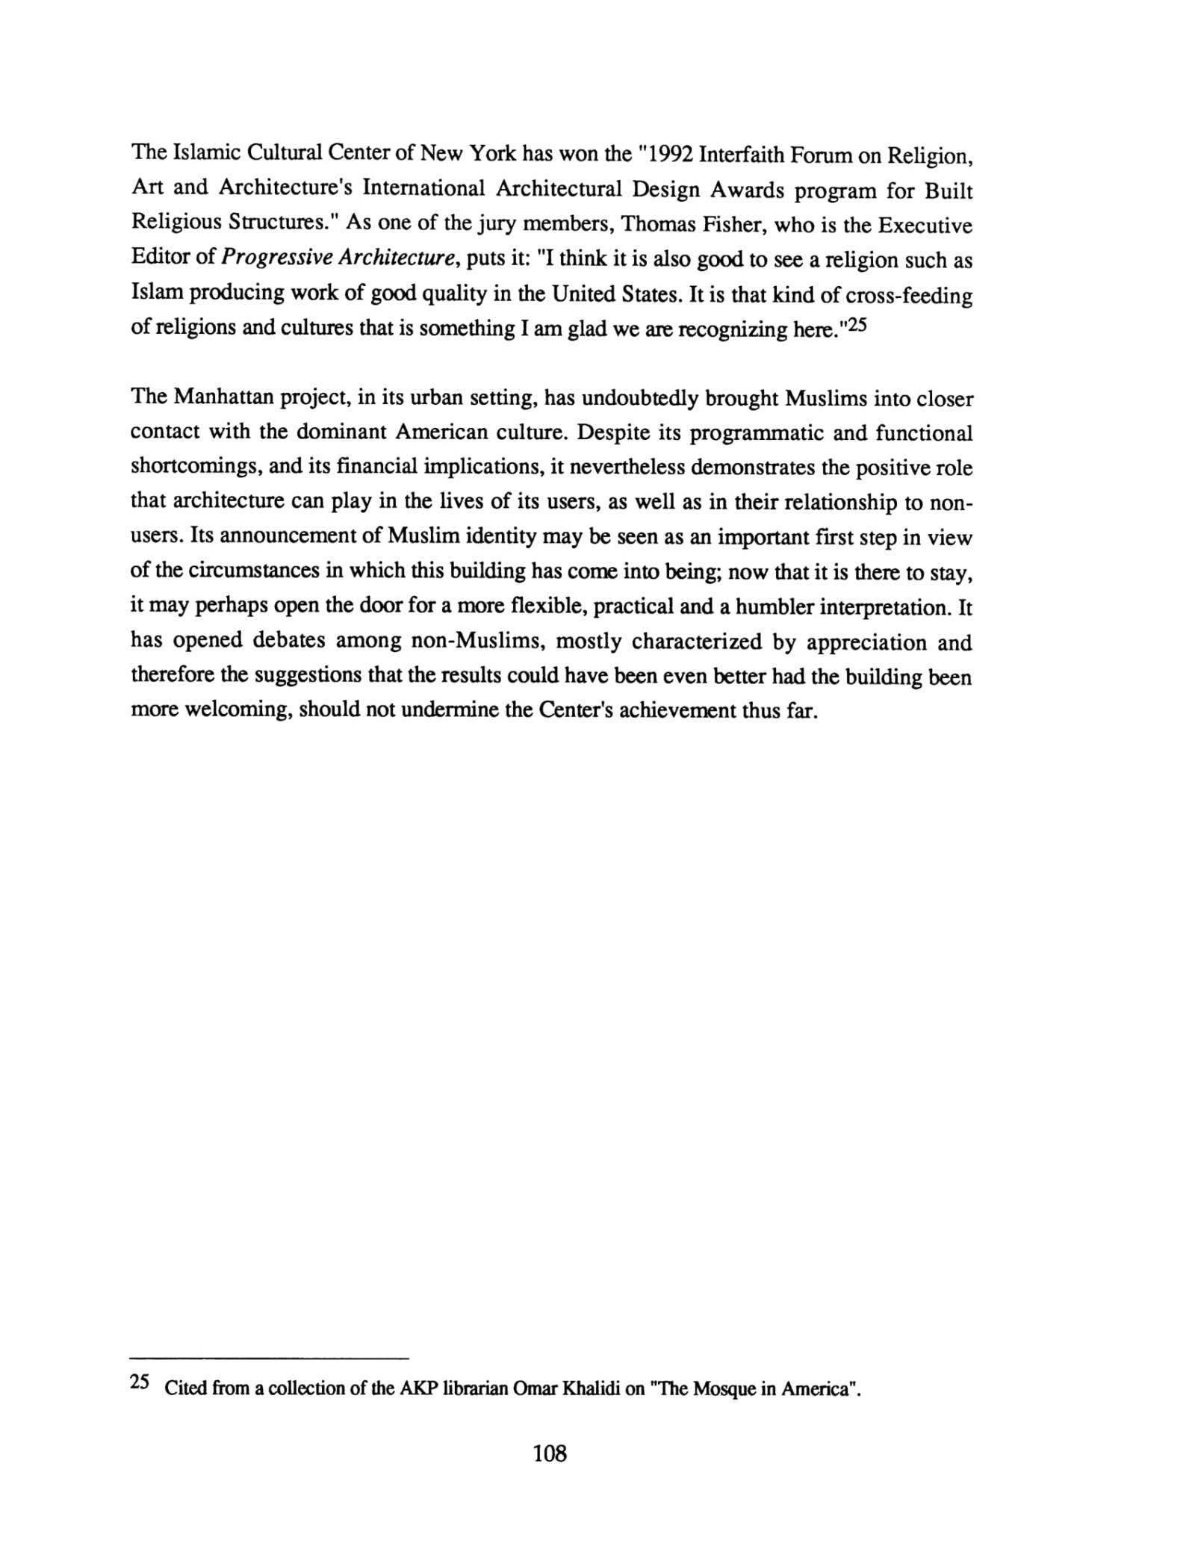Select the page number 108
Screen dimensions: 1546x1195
pyautogui.click(x=550, y=1453)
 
